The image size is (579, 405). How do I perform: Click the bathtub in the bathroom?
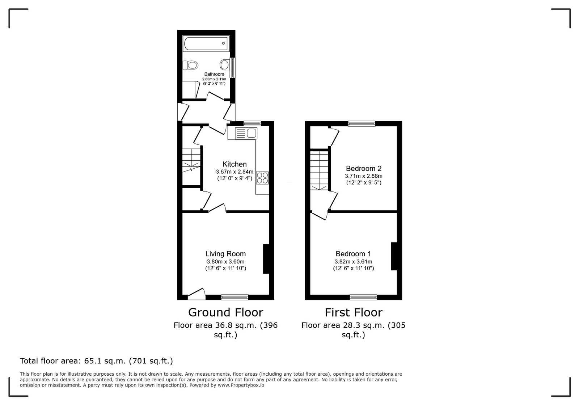point(206,43)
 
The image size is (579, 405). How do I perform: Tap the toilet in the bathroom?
point(190,65)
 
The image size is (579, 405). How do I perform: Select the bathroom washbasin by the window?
point(225,65)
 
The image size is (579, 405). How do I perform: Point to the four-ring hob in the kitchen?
point(262,178)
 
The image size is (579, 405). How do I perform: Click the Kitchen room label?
point(234,164)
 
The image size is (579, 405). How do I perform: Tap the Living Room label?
point(225,254)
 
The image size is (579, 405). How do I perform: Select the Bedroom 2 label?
point(364,169)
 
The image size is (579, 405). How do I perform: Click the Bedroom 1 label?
point(353,254)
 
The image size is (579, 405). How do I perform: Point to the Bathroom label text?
point(214,74)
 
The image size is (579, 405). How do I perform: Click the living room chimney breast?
point(266,259)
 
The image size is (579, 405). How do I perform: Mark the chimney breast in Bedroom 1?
point(394,256)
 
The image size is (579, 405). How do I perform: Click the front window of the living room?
point(235,297)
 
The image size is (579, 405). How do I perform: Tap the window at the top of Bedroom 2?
point(362,123)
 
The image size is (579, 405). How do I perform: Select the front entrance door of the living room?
point(197,294)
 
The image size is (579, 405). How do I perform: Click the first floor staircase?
point(319,170)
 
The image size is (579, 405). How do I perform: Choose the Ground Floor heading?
point(226,312)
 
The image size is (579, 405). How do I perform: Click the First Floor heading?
point(353,312)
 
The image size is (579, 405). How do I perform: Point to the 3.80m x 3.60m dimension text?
point(225,262)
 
